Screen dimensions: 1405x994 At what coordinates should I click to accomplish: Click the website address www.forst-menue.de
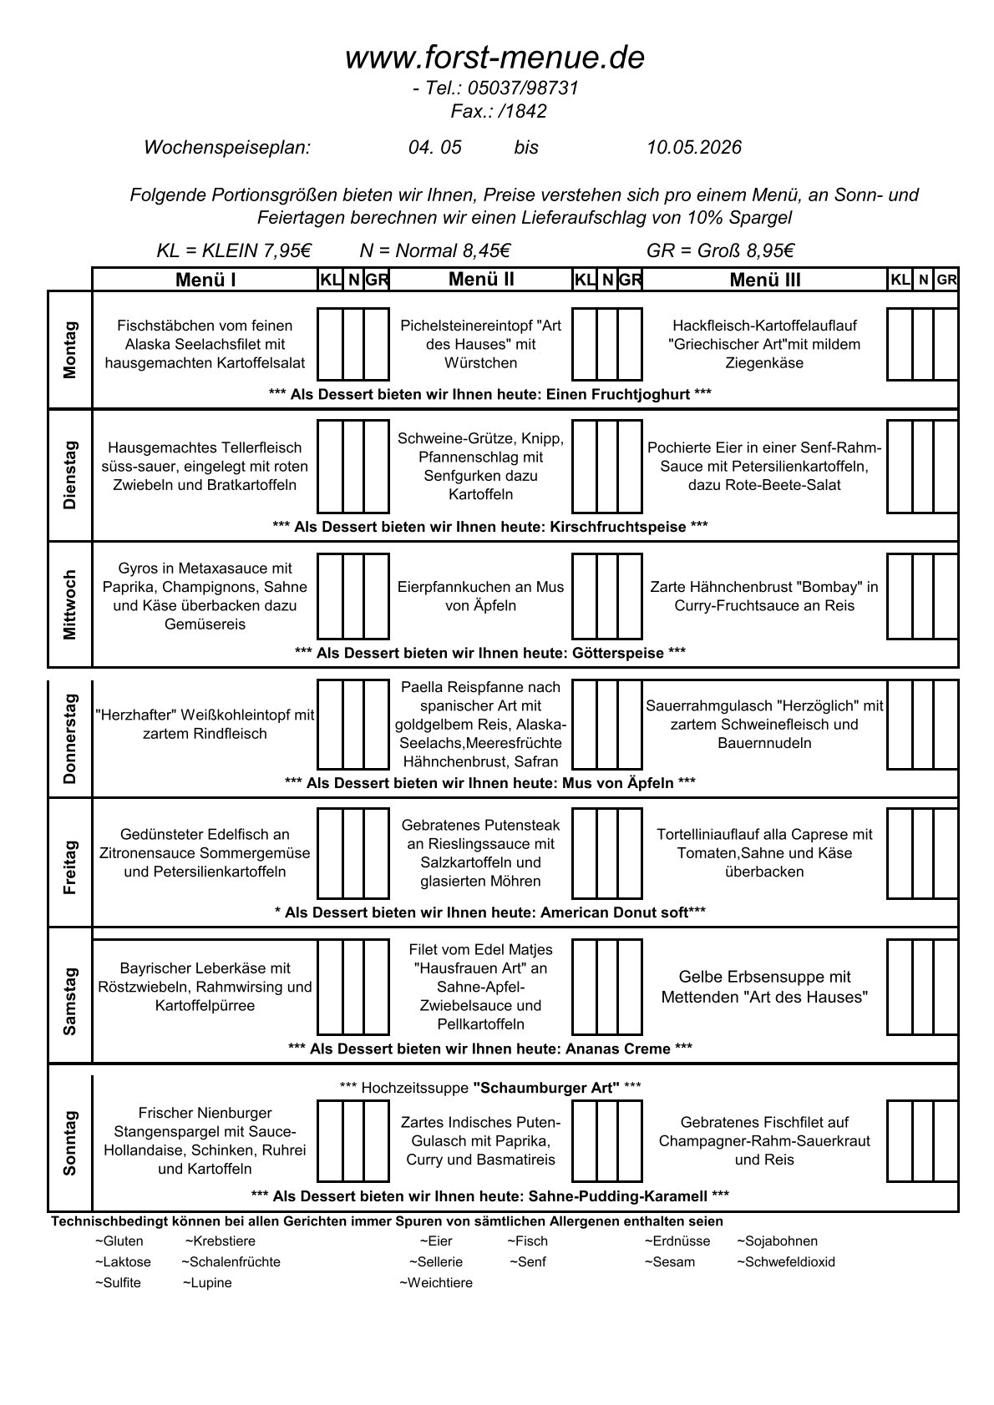[494, 58]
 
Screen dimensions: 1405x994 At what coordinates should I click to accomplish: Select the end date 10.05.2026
[693, 148]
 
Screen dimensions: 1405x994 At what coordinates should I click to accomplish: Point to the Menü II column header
[481, 280]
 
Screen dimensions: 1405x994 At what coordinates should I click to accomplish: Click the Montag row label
[70, 350]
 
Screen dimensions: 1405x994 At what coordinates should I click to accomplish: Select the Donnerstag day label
[70, 738]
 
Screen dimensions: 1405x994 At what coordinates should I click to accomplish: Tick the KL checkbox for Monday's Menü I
[330, 345]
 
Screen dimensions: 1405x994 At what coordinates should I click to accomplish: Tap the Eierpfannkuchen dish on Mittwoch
[480, 596]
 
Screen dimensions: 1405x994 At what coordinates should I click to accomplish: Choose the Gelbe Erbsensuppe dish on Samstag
[764, 987]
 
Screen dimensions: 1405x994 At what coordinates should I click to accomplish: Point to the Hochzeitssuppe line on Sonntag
[490, 1087]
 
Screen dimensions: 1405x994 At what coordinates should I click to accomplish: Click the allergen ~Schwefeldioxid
[785, 1262]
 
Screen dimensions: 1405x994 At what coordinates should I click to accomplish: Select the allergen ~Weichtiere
[436, 1283]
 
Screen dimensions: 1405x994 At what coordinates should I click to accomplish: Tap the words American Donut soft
[614, 912]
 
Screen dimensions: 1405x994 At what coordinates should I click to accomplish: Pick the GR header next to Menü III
[946, 280]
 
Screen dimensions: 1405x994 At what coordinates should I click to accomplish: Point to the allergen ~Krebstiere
[221, 1241]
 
